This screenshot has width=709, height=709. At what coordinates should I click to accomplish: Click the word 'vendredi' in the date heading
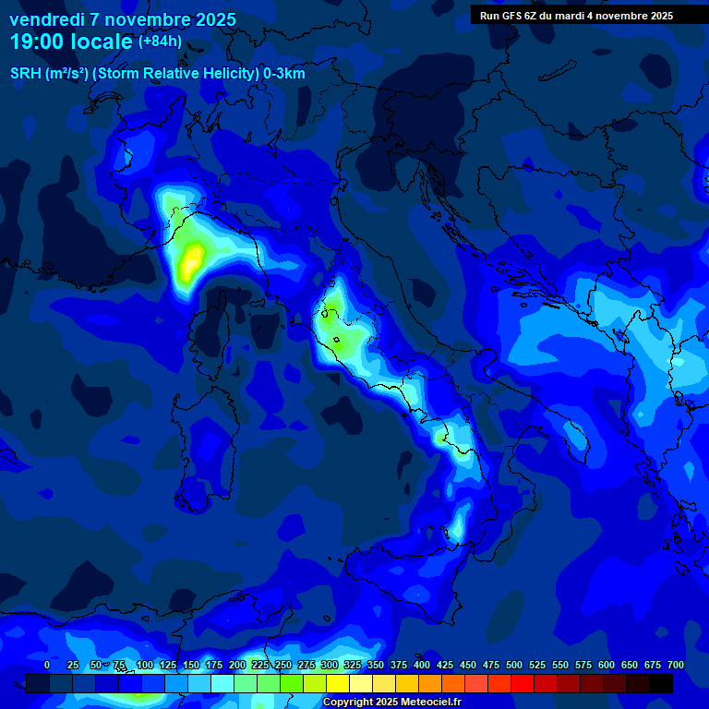(x=46, y=19)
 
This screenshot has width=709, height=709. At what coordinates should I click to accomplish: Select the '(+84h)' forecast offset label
(x=160, y=41)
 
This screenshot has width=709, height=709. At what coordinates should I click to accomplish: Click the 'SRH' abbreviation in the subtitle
(x=26, y=73)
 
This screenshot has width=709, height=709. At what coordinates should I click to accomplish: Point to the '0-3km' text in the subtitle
(x=283, y=73)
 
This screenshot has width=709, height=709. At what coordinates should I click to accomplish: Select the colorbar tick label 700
(x=675, y=665)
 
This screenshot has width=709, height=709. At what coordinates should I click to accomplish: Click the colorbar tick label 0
(x=47, y=665)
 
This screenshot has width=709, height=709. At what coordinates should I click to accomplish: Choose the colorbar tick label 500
(x=490, y=665)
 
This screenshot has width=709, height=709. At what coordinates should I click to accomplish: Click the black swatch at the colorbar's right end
(x=661, y=683)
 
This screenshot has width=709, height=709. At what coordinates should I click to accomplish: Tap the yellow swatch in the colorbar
(x=338, y=683)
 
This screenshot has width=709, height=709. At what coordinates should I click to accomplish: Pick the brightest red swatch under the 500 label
(x=523, y=683)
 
